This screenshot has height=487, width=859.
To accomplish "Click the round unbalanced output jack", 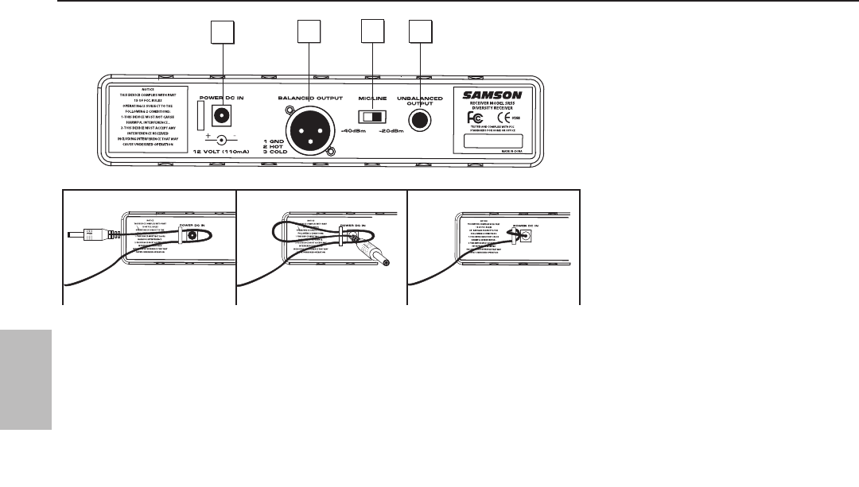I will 419,119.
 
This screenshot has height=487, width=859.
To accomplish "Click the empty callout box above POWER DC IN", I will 222,33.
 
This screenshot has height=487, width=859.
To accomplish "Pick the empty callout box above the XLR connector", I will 308,33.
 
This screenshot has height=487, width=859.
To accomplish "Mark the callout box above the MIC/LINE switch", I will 371,33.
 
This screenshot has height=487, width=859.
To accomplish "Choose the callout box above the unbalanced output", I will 419,33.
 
